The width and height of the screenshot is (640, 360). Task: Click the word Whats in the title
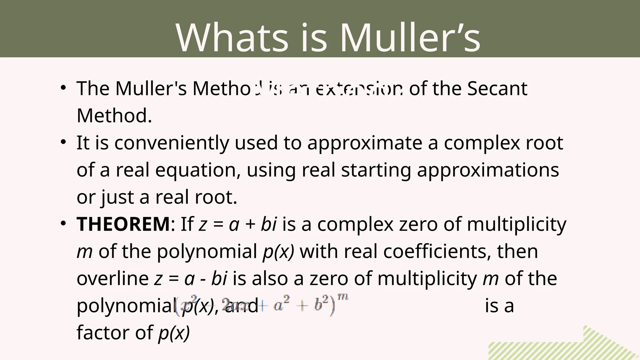click(x=232, y=38)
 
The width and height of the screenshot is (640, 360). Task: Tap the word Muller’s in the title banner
click(x=410, y=38)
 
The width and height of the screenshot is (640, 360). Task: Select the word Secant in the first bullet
click(x=497, y=88)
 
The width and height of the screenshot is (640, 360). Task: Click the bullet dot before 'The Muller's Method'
click(x=63, y=88)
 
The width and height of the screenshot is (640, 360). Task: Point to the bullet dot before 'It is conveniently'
click(x=63, y=142)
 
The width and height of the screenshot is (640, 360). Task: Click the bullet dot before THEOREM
click(x=63, y=223)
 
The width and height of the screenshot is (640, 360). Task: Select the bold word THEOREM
click(x=123, y=224)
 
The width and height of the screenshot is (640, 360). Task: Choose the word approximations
click(x=488, y=170)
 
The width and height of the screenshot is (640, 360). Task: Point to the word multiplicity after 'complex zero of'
click(x=516, y=224)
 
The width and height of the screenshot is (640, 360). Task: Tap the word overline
click(x=112, y=278)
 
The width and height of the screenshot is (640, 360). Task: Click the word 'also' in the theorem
click(x=270, y=278)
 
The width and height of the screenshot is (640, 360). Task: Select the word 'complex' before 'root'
click(x=482, y=143)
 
